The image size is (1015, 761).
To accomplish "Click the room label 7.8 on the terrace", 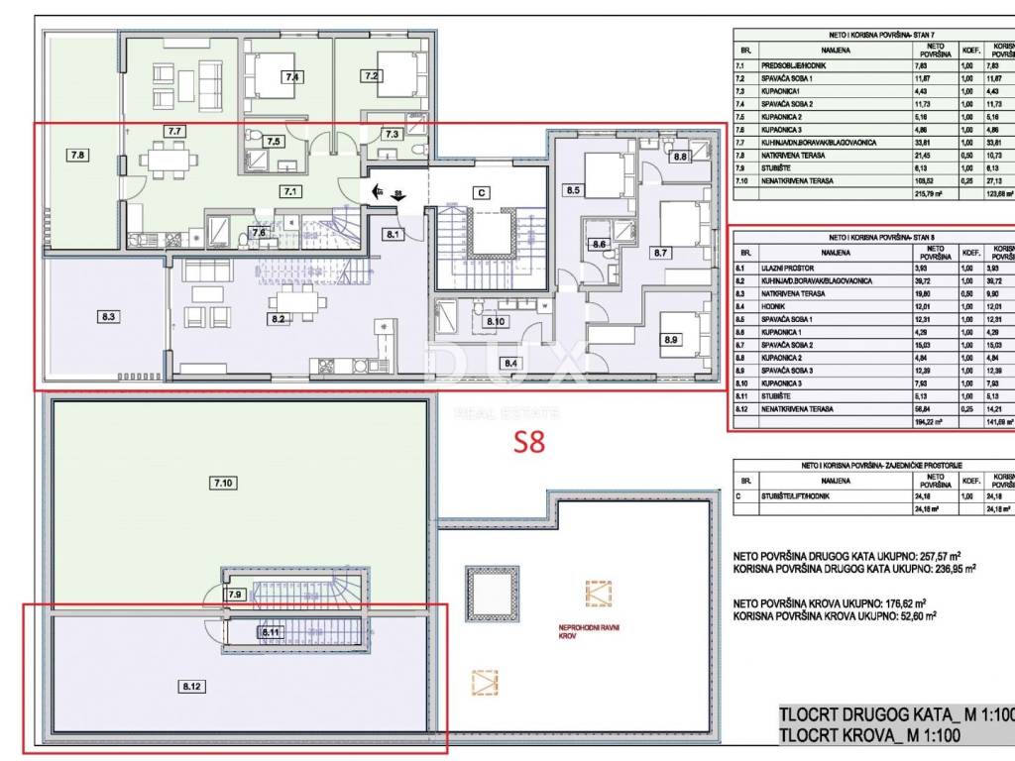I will pos(79,154).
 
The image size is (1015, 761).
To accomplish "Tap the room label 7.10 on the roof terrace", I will pos(223,483).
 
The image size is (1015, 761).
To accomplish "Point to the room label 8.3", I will pos(109,317).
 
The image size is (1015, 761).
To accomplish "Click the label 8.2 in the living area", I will pos(279,318).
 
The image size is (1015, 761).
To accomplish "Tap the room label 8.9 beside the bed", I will pos(671,340).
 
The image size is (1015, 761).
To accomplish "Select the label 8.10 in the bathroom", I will pos(495,321).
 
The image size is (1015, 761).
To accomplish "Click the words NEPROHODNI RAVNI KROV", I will pos(589,632).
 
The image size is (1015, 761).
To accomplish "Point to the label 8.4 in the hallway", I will pos(510,363).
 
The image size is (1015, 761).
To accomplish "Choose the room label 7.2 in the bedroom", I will pos(372,75).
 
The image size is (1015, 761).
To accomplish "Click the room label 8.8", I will pos(680,157).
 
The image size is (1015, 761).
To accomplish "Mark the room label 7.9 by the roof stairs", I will pos(235,595).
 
